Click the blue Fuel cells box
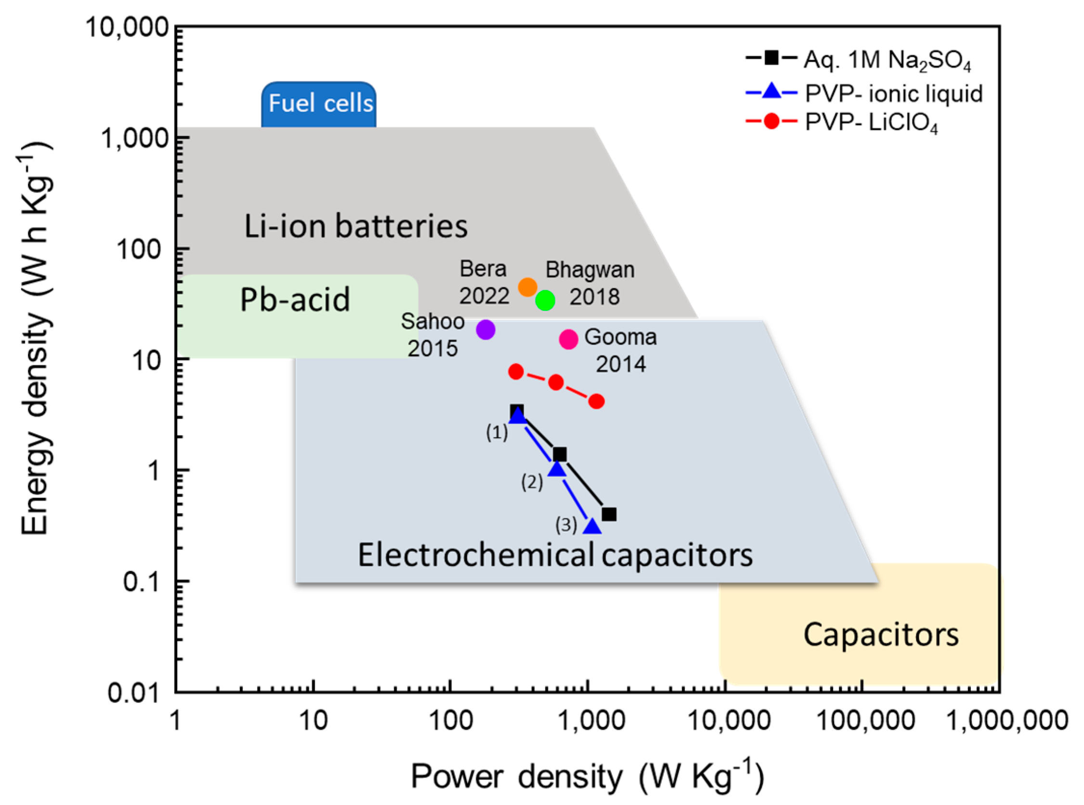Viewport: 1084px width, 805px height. point(320,104)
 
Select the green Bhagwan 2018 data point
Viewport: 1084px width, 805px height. point(545,300)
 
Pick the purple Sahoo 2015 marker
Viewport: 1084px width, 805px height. point(486,330)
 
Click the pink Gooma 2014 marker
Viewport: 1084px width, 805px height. point(568,339)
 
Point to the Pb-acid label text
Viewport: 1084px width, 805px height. point(295,299)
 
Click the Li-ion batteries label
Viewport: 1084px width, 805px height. point(355,226)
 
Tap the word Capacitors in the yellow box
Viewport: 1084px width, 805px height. point(880,635)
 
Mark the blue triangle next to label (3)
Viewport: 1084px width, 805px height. point(592,526)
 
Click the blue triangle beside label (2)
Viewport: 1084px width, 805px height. point(556,469)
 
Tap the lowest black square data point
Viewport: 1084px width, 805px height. point(609,514)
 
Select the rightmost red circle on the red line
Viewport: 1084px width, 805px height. point(596,401)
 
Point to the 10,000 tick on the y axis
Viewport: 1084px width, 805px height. point(128,27)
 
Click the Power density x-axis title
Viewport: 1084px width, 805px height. point(587,776)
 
